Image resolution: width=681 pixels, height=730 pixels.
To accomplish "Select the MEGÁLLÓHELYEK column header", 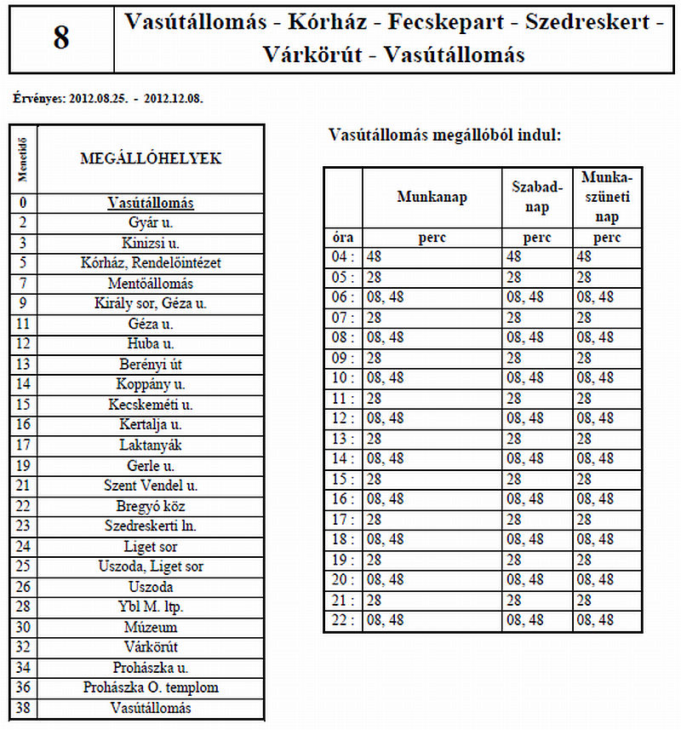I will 151,158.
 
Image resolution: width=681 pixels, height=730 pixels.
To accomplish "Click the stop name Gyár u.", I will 151,223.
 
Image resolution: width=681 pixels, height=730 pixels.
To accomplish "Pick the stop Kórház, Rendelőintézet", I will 151,263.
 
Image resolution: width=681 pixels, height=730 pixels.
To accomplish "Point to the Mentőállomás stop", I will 151,284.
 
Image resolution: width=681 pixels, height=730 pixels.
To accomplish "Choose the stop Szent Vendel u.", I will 151,486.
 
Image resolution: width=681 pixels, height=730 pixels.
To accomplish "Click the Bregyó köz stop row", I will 151,506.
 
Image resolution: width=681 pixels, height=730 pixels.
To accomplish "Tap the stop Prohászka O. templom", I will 151,687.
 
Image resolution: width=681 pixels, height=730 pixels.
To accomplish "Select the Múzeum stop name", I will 151,627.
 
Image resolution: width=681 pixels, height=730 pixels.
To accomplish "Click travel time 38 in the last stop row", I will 23,708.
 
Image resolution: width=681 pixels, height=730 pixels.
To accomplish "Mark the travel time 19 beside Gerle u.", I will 23,465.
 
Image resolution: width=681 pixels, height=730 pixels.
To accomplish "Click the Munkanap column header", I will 432,197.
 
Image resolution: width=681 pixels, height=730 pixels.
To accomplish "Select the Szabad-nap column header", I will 536,197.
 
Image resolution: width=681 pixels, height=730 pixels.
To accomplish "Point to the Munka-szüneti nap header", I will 607,197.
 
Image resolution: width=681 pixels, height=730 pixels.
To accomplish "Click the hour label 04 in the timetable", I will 340,256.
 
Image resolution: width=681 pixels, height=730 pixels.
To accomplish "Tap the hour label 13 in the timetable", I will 340,439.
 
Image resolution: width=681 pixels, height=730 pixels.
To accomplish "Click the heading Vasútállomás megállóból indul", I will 444,135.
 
